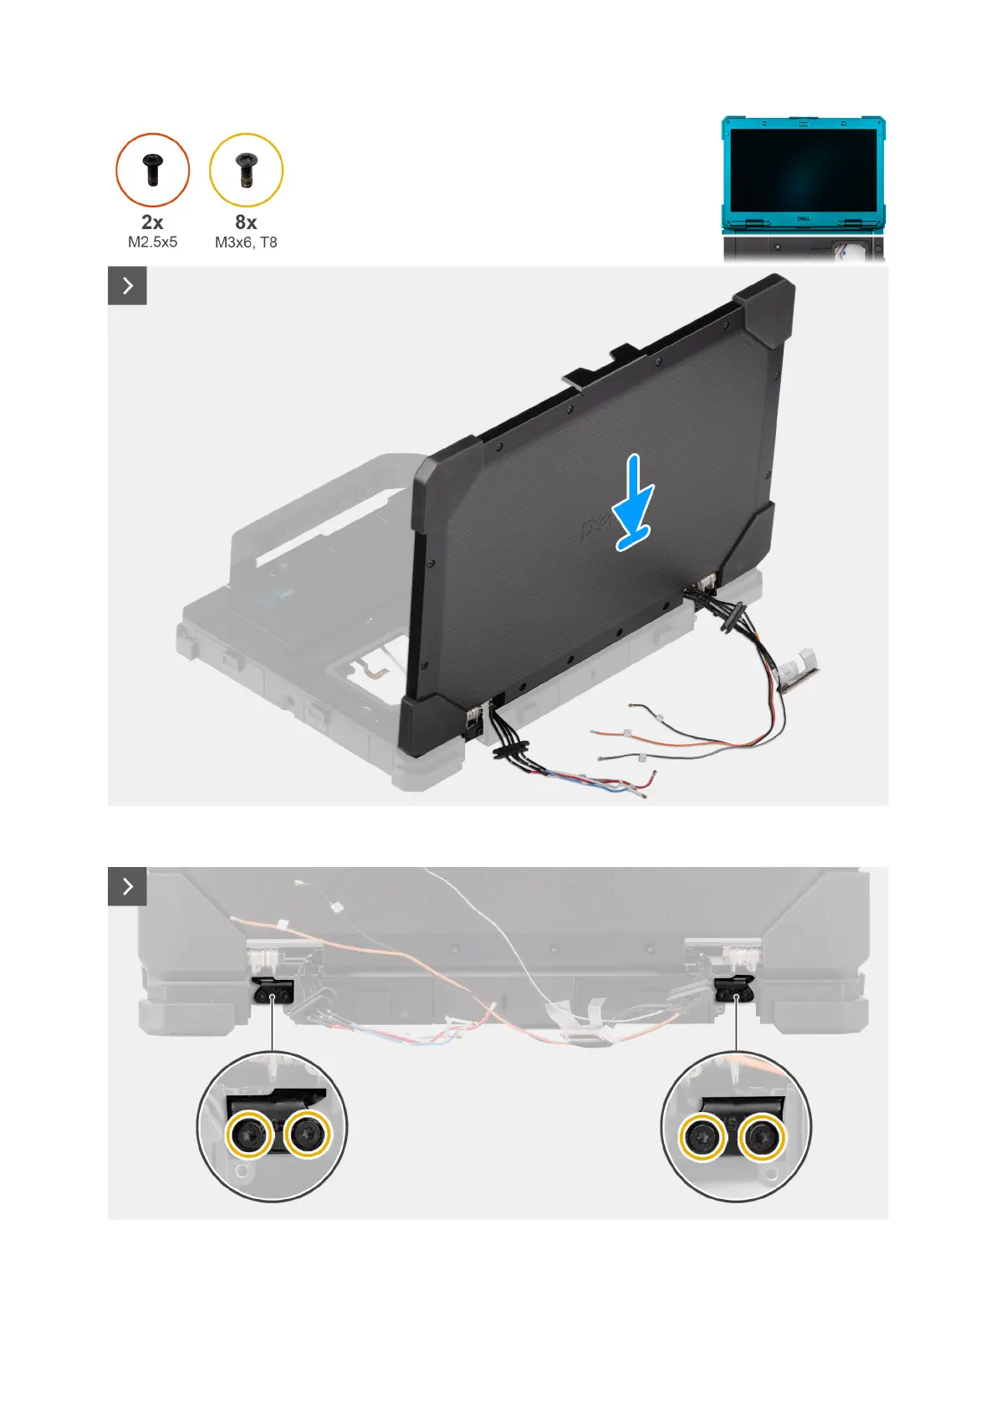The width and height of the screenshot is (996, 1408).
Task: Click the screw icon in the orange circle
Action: pos(152,170)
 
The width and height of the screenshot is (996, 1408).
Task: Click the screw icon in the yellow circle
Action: pos(246,170)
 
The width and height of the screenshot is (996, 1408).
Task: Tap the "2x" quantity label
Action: pos(152,222)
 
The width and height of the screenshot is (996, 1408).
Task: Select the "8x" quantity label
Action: pos(246,222)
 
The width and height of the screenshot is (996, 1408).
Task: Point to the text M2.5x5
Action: pos(152,242)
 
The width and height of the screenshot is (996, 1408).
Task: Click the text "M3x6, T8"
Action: pos(246,242)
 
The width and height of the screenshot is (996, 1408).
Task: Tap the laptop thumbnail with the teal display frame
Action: pos(803,188)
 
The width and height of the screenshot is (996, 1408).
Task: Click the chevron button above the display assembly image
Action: pos(127,286)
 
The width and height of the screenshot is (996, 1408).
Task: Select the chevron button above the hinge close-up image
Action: pos(127,886)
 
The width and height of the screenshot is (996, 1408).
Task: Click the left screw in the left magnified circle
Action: pos(249,1135)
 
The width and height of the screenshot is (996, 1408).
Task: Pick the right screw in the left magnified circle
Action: pos(307,1134)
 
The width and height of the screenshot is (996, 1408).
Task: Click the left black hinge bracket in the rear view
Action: pos(272,993)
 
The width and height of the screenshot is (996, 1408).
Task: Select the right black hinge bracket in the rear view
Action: pos(735,992)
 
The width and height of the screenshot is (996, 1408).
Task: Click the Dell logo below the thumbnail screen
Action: pos(802,219)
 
